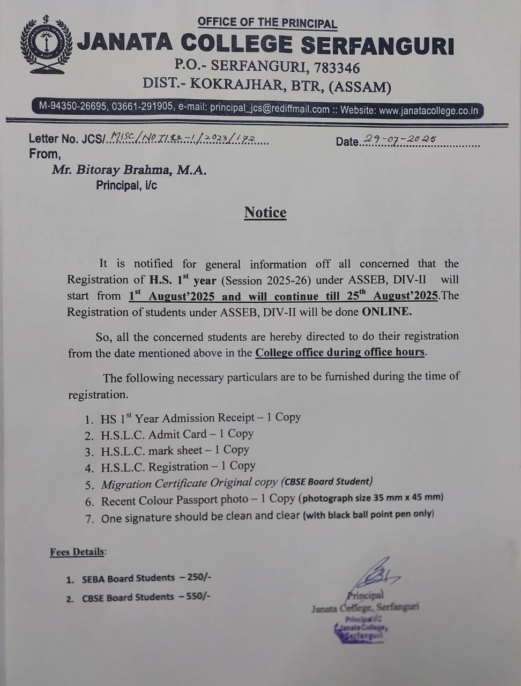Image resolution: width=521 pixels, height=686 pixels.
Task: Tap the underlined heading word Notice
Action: click(x=265, y=212)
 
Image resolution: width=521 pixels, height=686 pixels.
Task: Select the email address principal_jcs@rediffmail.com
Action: click(x=269, y=109)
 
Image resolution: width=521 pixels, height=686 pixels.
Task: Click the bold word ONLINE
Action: click(x=387, y=311)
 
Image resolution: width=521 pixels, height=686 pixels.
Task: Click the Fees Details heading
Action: click(x=78, y=551)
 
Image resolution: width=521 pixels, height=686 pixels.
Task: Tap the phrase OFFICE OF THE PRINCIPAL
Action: click(x=267, y=23)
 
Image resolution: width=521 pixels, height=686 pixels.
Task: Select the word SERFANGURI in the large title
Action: click(x=377, y=45)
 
